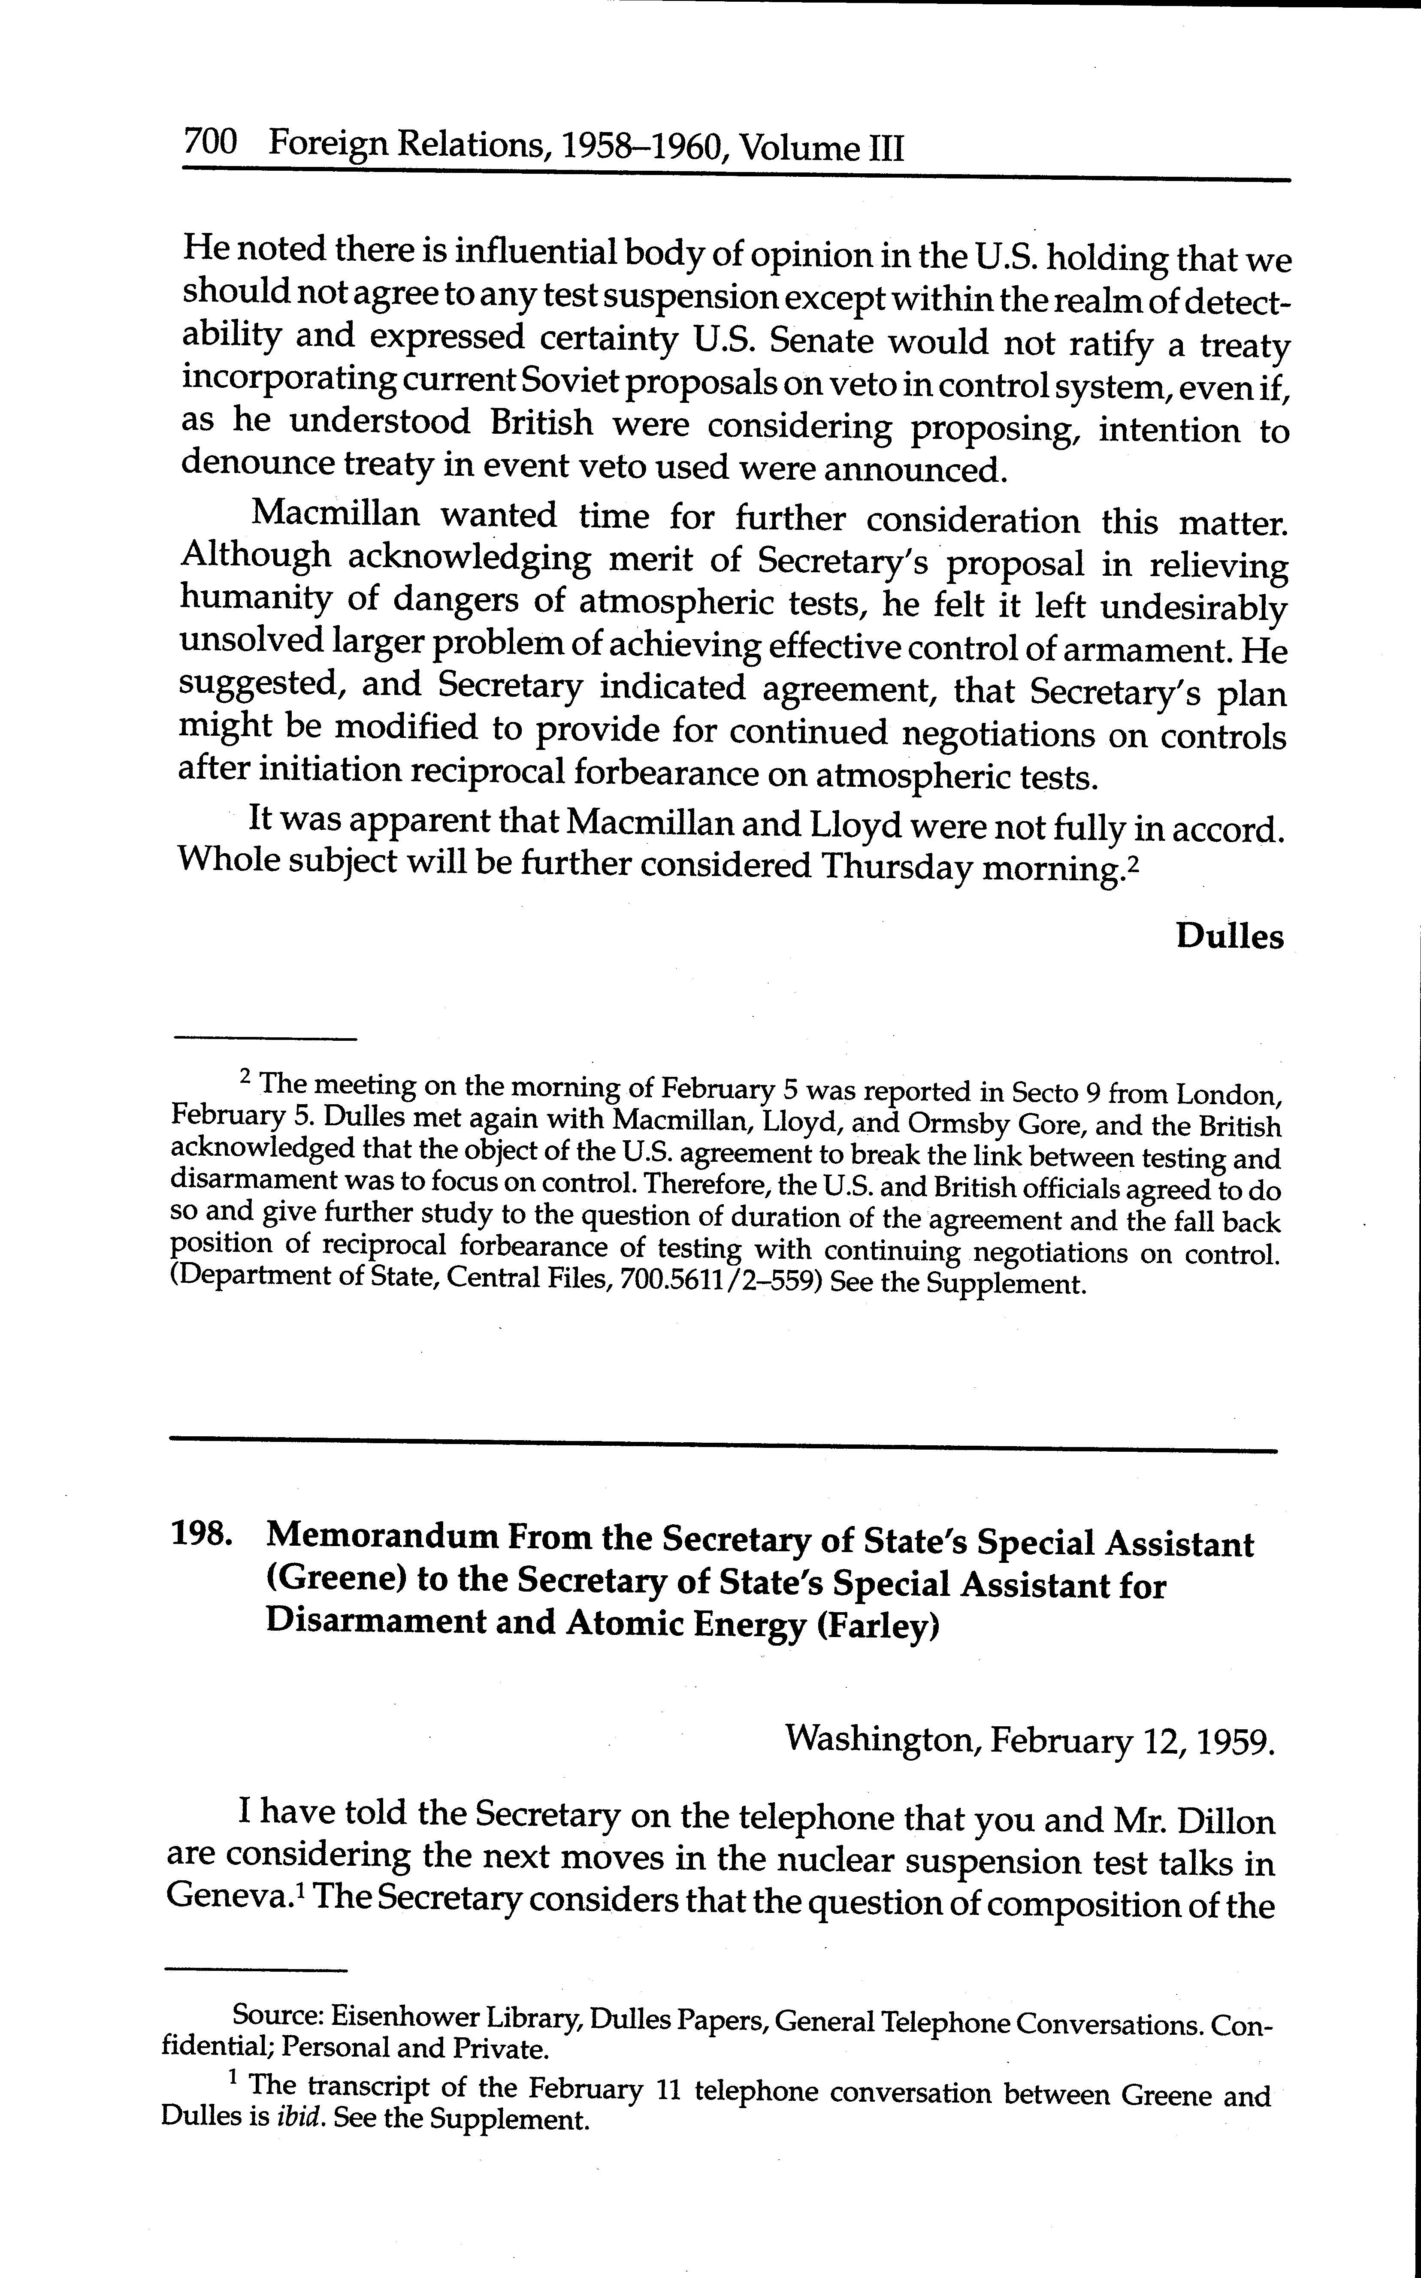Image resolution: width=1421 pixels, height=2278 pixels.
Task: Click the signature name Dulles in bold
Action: point(1229,937)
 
